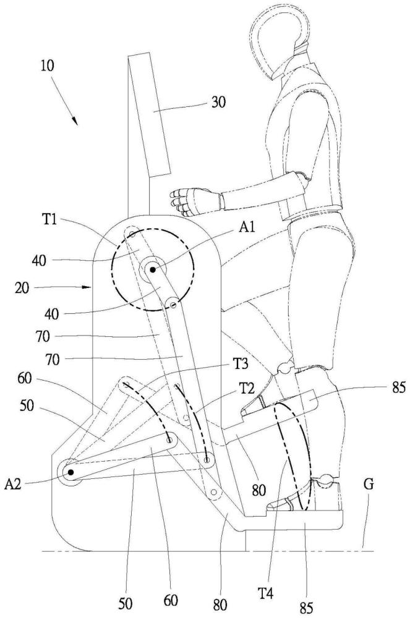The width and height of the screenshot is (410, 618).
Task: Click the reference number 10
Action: click(x=47, y=66)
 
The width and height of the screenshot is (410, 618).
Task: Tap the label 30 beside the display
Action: click(x=219, y=103)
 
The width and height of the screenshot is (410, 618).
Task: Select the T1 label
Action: click(x=49, y=219)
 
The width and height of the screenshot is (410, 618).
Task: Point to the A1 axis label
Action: click(x=247, y=227)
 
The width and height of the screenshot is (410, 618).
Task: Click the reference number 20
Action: click(x=22, y=288)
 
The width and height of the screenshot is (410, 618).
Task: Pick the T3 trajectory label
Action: click(x=240, y=364)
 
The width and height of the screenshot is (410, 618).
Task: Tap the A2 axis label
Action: click(x=12, y=485)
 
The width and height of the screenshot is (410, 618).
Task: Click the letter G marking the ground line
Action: click(x=368, y=484)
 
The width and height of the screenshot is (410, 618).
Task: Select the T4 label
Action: click(x=266, y=593)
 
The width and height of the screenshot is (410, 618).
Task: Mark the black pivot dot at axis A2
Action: click(x=70, y=472)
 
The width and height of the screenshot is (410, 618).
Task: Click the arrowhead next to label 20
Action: click(x=88, y=287)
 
